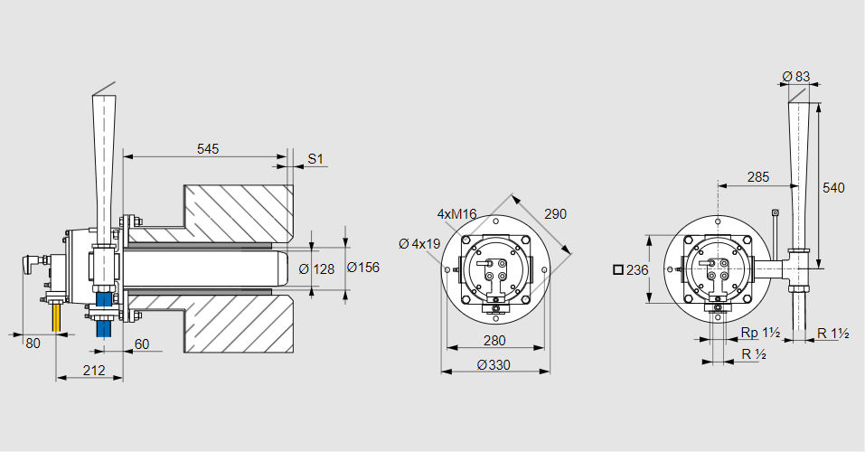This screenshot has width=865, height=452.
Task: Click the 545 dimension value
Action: tap(208, 148)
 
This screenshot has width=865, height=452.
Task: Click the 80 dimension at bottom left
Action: tap(33, 344)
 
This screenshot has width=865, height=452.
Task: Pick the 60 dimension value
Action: tap(142, 344)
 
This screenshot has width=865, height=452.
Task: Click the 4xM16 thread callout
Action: tap(456, 214)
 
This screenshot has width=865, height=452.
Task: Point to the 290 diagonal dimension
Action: tap(556, 214)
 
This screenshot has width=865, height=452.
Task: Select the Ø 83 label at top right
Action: tap(795, 76)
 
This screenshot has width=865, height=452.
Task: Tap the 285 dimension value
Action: tap(758, 177)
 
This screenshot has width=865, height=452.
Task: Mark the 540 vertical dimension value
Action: tap(833, 187)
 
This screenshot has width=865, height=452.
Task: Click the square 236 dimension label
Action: tap(631, 269)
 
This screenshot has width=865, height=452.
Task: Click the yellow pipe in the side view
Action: tap(57, 317)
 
